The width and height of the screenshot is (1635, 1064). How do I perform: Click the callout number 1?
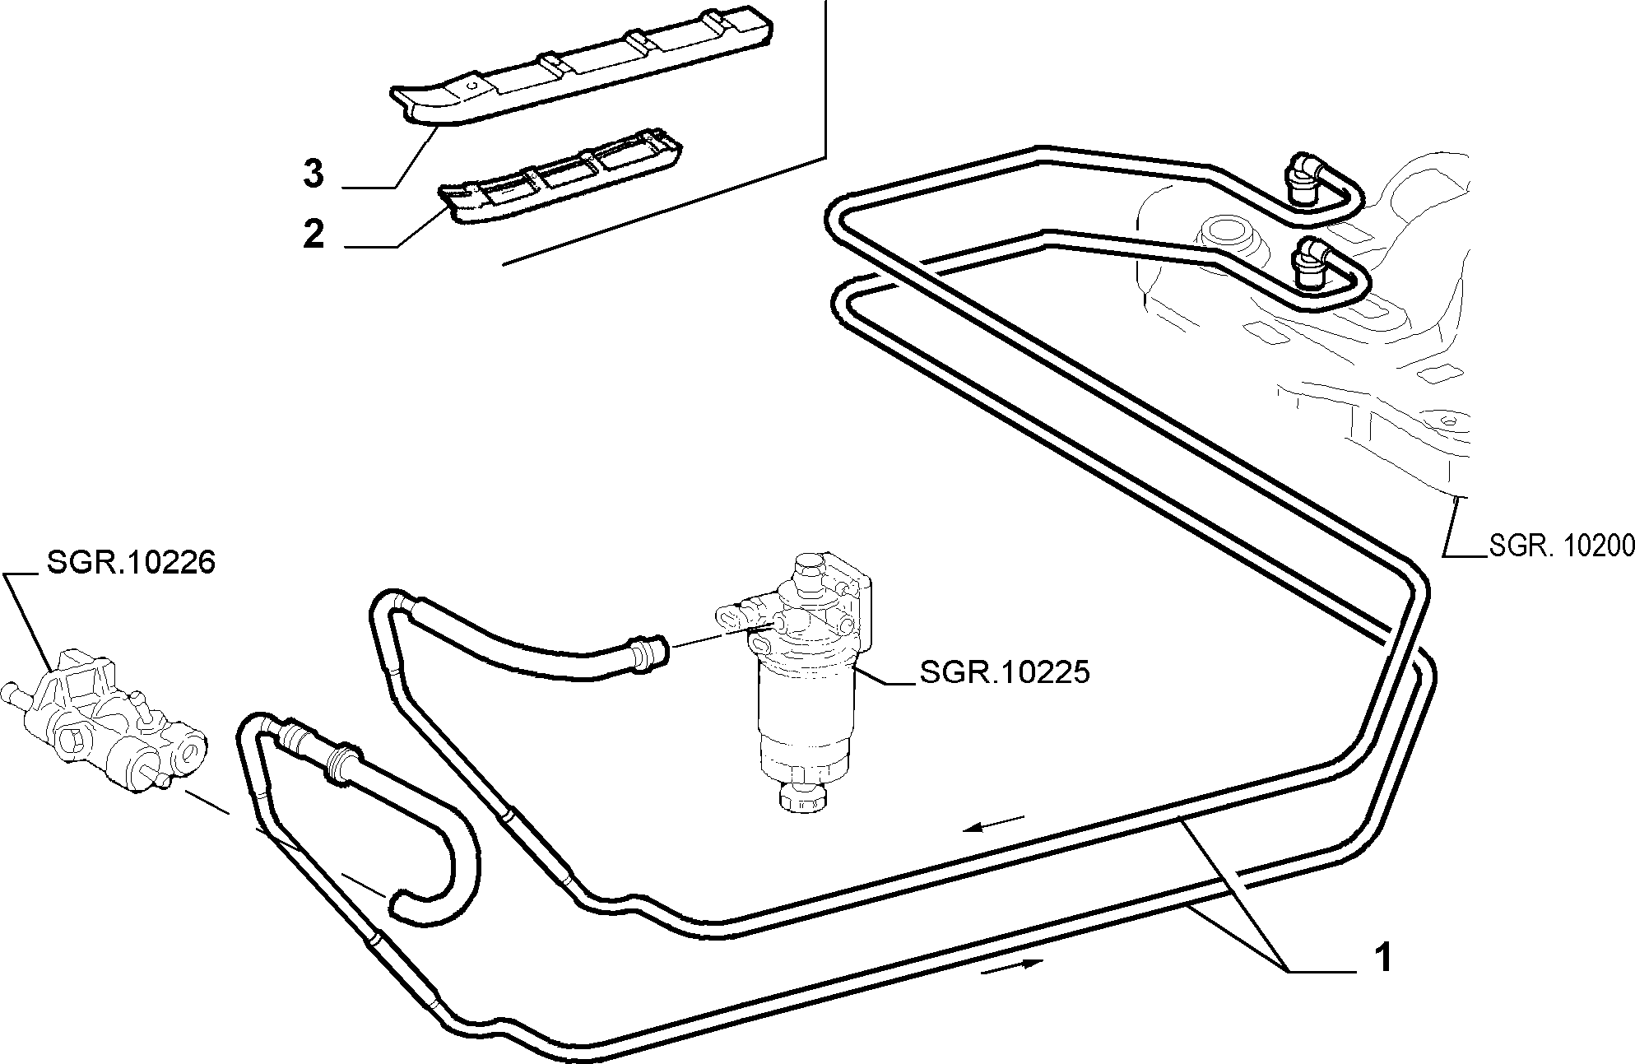pos(1383,958)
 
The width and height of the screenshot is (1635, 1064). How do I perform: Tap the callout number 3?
pos(314,174)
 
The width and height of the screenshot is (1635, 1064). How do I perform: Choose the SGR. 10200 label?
pos(1562,546)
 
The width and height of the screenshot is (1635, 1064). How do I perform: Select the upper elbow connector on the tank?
pos(1303,180)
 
